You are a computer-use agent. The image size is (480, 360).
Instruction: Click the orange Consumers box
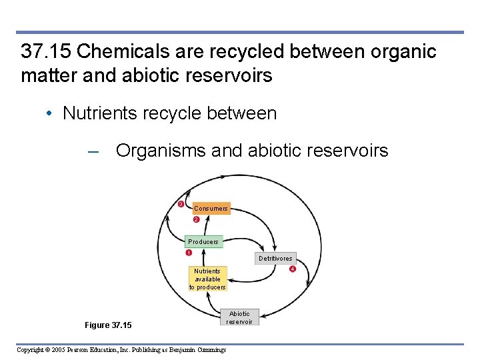[x=211, y=209]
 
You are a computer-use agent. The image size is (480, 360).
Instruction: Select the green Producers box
[x=203, y=241]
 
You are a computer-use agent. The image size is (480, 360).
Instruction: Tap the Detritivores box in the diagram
[x=275, y=258]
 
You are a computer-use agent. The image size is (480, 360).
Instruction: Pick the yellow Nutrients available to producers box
[x=207, y=279]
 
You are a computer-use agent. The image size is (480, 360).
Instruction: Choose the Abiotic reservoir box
[x=239, y=317]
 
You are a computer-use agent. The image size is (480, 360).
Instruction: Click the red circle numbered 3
[x=180, y=203]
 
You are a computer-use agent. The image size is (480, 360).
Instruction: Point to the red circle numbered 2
[x=196, y=220]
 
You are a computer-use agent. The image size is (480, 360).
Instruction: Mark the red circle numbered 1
[x=189, y=253]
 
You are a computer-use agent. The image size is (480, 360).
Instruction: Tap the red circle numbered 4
[x=291, y=269]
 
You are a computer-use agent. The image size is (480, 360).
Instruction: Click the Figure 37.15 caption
[x=108, y=325]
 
